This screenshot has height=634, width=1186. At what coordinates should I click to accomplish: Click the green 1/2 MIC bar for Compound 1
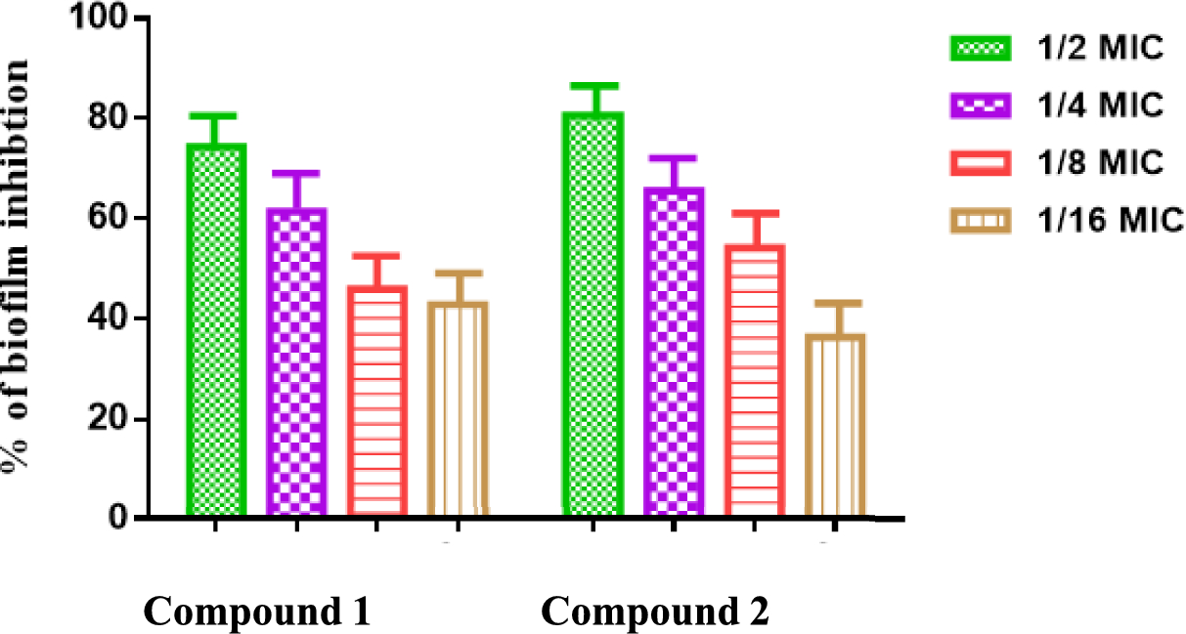click(x=215, y=330)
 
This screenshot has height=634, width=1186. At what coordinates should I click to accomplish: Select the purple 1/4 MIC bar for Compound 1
click(x=296, y=361)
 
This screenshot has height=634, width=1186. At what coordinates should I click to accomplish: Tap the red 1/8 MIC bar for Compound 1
click(x=377, y=401)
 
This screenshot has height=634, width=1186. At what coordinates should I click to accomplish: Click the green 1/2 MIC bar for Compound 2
click(x=593, y=314)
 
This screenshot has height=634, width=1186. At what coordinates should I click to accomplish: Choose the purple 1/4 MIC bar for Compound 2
click(x=674, y=351)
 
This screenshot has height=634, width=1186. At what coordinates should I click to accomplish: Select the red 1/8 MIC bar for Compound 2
click(x=755, y=380)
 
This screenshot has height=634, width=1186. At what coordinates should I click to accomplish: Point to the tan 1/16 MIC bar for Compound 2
click(x=835, y=425)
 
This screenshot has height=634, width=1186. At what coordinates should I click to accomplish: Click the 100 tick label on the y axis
click(x=97, y=19)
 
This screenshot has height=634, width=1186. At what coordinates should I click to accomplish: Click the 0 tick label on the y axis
click(x=114, y=517)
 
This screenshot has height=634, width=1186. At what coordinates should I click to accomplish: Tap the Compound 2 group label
click(x=655, y=612)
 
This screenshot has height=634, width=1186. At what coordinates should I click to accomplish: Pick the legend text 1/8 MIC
click(x=1100, y=162)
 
